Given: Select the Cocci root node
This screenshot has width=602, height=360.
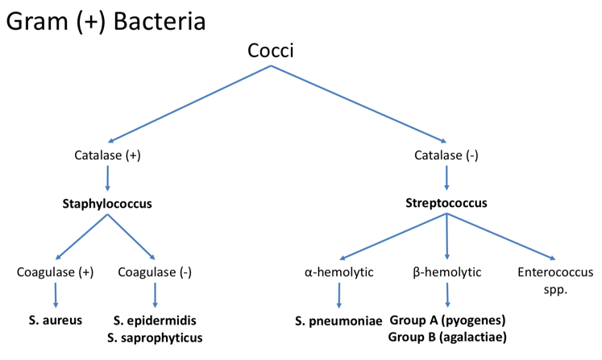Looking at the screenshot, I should [x=271, y=53].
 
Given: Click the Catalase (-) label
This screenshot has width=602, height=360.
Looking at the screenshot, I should [x=446, y=155].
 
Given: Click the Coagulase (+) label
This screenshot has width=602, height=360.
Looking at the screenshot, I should [x=56, y=272].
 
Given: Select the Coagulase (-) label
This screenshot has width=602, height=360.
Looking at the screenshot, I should [x=156, y=272].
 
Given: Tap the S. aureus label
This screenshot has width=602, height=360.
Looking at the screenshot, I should [x=56, y=321].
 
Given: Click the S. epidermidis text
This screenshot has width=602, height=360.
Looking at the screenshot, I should [x=156, y=321].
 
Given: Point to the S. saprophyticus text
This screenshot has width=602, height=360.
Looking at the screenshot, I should [x=156, y=337].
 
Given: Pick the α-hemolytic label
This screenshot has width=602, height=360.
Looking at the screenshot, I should [x=338, y=272].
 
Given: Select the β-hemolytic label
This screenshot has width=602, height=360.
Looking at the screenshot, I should [x=446, y=272].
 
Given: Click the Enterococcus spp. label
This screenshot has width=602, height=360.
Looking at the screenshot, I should [x=554, y=280].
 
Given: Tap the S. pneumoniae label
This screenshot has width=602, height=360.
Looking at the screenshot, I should [x=338, y=321].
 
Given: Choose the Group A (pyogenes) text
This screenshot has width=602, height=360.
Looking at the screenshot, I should [x=446, y=321].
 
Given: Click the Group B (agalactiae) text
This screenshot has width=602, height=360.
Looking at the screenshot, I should [x=446, y=337].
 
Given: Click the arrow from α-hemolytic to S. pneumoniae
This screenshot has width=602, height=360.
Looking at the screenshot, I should [x=338, y=296].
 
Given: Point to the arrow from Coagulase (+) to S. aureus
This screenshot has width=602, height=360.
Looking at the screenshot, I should [x=56, y=296].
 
